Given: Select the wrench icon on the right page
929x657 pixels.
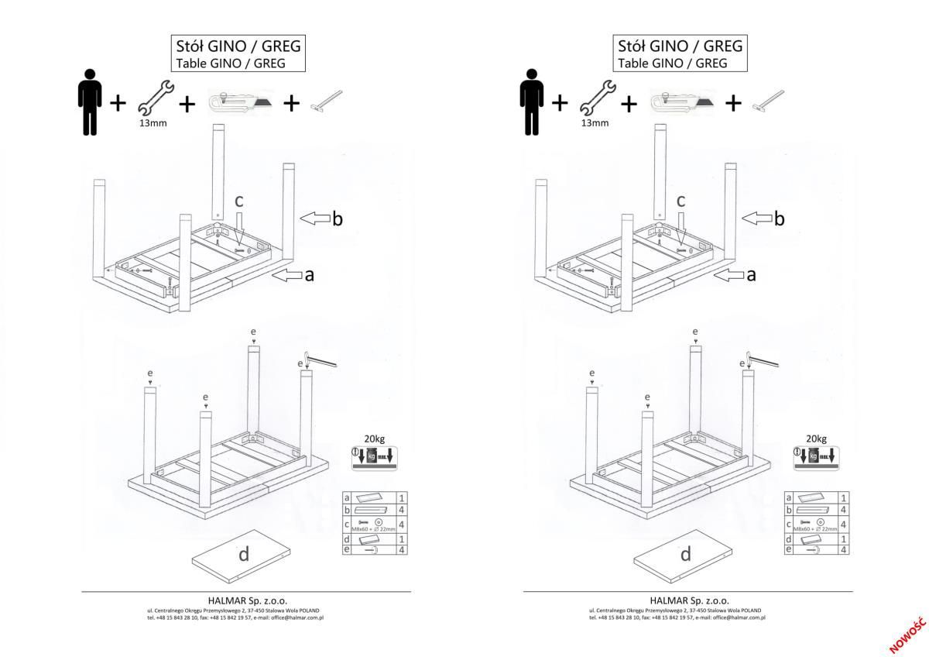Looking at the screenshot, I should coord(595,99).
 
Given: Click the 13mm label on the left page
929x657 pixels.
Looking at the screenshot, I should coord(154,122).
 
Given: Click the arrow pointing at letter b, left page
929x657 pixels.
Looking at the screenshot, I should coord(314,218).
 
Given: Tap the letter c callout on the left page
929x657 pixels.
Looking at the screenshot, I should coord(239,201).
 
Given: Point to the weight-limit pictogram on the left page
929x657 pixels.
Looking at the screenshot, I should coord(374,456).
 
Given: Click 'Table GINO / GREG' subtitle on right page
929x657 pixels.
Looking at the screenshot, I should coord(672,64).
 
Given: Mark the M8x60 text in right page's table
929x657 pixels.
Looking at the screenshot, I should coord(804,528).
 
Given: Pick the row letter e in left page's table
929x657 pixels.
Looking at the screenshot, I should coord(347,549).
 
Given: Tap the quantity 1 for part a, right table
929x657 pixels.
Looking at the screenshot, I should coord(843,497).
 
